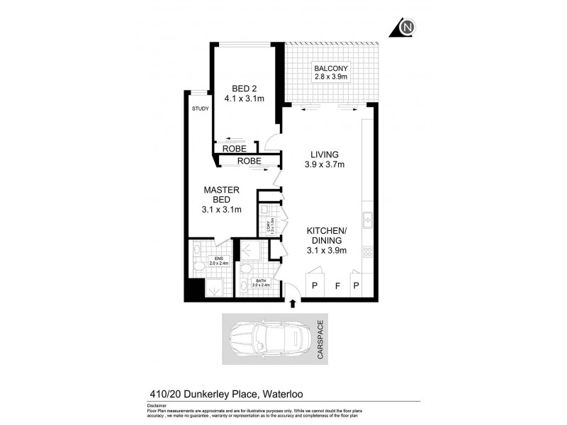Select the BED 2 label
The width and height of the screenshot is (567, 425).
point(243,93)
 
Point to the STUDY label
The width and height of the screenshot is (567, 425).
point(200,109)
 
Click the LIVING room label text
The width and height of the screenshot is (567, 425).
point(324,159)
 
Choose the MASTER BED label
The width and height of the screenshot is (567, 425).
point(221,199)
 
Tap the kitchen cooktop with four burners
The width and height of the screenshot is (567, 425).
point(368,251)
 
